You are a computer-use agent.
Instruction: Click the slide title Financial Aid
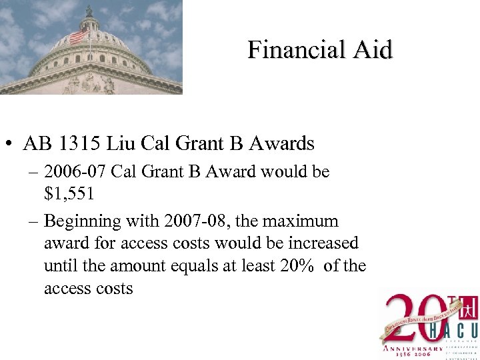tap(320, 49)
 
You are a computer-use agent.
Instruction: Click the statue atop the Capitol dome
tap(89, 11)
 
